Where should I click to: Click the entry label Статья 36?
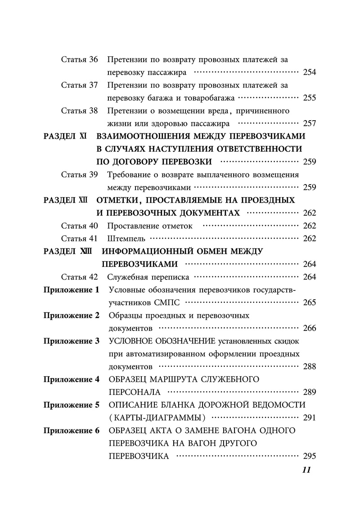[79, 60]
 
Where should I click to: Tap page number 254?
[310, 72]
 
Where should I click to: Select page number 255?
[310, 98]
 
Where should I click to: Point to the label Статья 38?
[79, 111]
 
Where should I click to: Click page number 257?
[310, 123]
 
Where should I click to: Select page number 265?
[310, 303]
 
